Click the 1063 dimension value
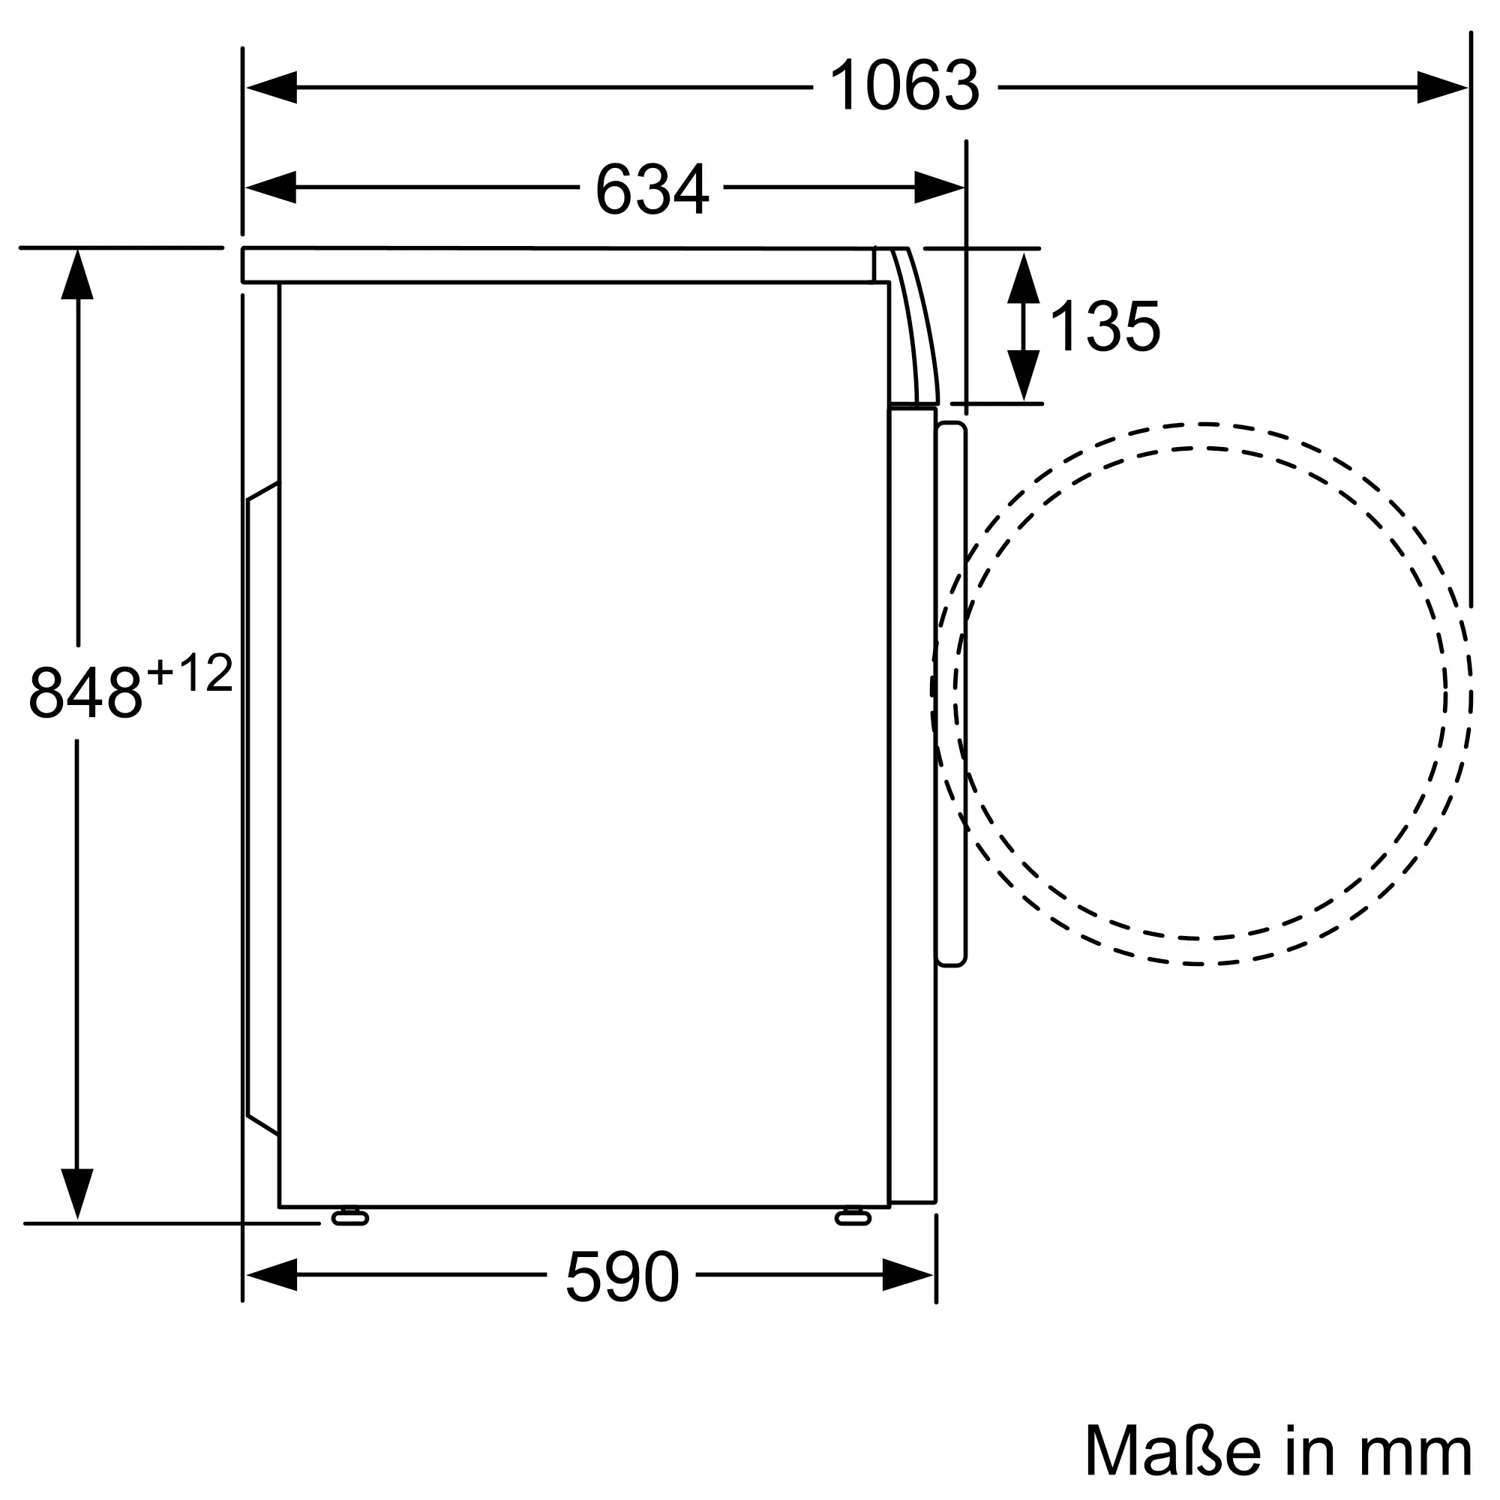[x=904, y=87]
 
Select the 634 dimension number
[x=652, y=189]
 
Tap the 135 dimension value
[x=1104, y=327]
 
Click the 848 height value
[x=85, y=692]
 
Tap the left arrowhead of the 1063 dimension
[x=271, y=87]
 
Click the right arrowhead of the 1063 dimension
[x=1442, y=87]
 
